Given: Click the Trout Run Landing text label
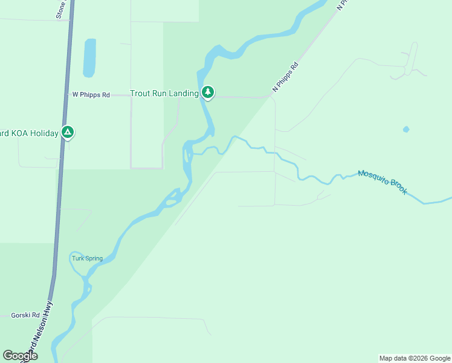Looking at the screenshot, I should click(x=164, y=93).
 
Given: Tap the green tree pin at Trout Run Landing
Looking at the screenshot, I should click(x=208, y=92).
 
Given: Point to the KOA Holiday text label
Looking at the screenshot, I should click(x=29, y=133).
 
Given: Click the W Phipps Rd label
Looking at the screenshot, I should click(x=91, y=95).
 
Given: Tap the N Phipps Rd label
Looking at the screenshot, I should click(x=286, y=77).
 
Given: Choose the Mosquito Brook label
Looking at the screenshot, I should click(x=383, y=181).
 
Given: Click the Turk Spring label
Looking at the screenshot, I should click(x=88, y=258).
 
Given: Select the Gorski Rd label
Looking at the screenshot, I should click(x=25, y=315).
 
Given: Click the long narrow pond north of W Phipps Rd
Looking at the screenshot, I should click(x=89, y=58).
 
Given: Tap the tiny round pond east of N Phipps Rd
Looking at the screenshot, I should click(x=406, y=129).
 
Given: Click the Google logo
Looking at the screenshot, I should click(x=21, y=356).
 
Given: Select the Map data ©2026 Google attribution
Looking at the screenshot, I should click(x=415, y=358).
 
